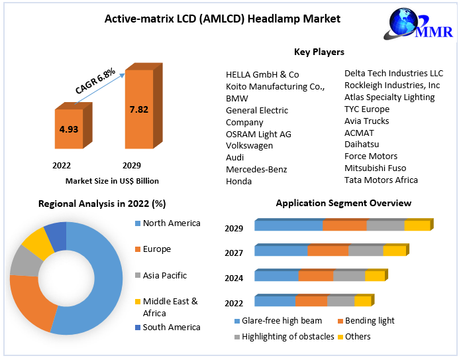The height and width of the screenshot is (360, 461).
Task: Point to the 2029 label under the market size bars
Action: tap(131, 165)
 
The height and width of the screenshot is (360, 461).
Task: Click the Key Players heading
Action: tap(319, 52)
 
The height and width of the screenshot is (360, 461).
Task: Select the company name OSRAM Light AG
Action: tap(258, 134)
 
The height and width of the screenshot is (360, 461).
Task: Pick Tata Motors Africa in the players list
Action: tap(381, 180)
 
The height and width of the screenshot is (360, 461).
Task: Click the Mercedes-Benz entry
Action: tap(256, 170)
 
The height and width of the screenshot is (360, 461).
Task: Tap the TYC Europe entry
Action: tap(366, 109)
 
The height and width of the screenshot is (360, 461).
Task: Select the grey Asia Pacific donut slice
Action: tap(25, 261)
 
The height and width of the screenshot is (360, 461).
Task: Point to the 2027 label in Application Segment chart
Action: tap(234, 253)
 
